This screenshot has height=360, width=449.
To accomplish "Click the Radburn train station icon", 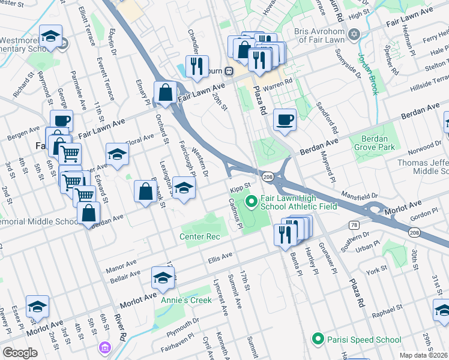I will click(x=229, y=71).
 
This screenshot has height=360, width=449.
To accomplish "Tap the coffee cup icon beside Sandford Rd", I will click(x=285, y=119).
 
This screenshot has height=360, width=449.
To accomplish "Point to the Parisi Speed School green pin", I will click(x=317, y=339).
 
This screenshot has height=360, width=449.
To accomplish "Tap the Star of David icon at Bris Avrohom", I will click(x=354, y=34).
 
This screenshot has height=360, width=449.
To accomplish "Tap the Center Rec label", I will click(x=200, y=236).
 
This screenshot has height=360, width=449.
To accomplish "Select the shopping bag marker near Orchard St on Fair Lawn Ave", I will click(x=165, y=93).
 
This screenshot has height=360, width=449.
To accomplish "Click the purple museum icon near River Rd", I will click(x=106, y=347).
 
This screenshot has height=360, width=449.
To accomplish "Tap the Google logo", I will click(x=20, y=353).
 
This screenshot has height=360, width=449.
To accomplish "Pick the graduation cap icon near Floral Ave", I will click(x=118, y=155).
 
